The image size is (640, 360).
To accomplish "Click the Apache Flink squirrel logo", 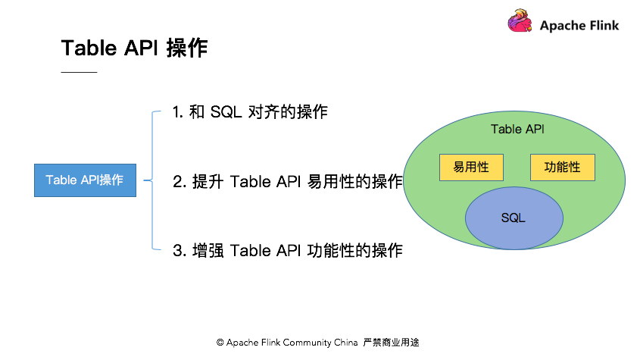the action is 520,20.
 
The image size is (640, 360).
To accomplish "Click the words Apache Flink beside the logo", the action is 579,26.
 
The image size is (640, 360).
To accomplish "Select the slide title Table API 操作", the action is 134,48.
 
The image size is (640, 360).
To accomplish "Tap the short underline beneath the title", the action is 80,72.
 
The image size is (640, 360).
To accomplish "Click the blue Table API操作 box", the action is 85,180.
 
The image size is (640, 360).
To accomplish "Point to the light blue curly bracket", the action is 152,180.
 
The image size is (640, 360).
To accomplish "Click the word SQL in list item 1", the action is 226,112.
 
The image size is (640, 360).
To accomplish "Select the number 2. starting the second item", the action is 180,181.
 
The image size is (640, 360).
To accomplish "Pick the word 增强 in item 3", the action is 208,251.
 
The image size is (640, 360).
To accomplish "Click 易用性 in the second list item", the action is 331,181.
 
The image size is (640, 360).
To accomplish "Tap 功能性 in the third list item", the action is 331,251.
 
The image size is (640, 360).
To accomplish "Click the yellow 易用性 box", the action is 471,167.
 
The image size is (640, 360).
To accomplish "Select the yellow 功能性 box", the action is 563,167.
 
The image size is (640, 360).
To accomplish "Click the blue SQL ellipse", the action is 514,218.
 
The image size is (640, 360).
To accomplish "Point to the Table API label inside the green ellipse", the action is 517,129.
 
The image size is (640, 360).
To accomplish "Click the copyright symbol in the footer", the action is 220,343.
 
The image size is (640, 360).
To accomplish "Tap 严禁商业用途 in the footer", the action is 391,343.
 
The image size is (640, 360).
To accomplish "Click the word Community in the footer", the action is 307,343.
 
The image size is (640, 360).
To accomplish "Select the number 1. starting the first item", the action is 178,112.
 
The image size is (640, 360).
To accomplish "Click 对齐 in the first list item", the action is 264,112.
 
